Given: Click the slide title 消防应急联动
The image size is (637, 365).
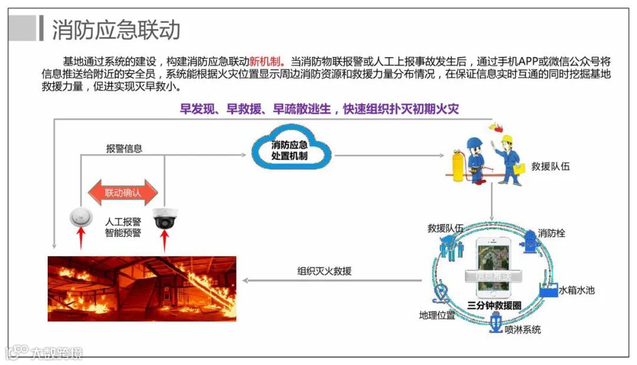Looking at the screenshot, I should point(116,30).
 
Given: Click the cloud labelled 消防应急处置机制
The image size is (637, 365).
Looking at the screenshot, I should point(290,152).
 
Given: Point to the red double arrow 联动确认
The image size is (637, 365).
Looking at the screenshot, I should point(123,192).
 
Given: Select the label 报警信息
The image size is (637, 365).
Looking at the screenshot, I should point(124,149).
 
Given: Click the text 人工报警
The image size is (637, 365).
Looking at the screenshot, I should point(123,221).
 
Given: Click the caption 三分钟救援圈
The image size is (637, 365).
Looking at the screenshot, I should point(494,305).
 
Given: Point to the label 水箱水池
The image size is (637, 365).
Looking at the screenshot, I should point(576,290).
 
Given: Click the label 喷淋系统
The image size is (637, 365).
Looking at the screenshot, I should point(523,330).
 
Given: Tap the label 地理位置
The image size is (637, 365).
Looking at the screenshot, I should point(436,315).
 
